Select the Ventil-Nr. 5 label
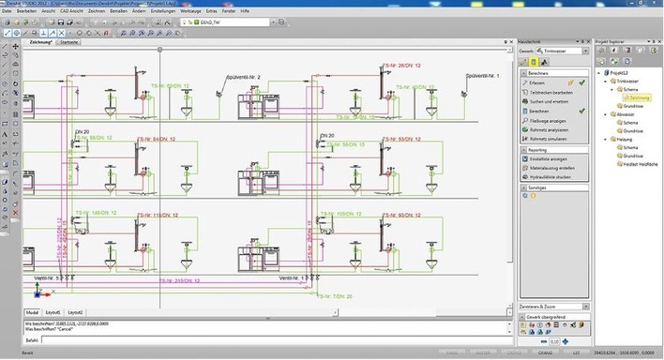(47, 278)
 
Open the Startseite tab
(68, 43)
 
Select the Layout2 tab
(75, 311)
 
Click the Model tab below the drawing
(31, 311)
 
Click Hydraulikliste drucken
(551, 176)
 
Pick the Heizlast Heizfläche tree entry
(637, 165)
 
